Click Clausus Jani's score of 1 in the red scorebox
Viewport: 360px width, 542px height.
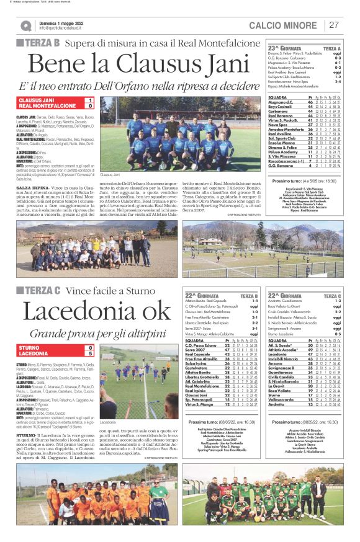(x=91, y=100)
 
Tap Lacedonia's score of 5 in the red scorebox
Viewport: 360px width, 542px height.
(x=91, y=354)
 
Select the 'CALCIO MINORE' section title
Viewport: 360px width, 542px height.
(x=286, y=25)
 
